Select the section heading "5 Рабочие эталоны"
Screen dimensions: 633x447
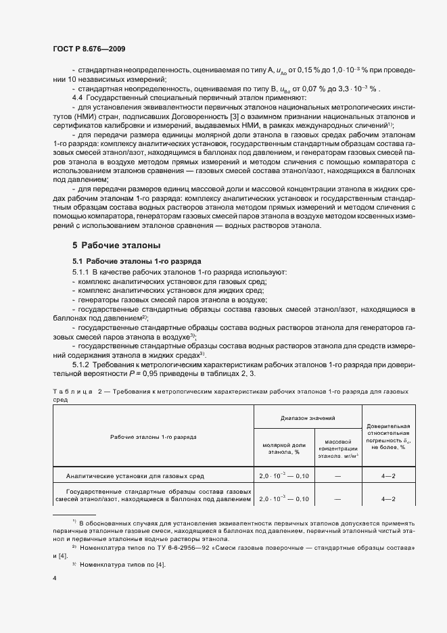click(x=116, y=245)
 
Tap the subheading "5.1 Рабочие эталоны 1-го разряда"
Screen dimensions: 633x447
click(x=128, y=261)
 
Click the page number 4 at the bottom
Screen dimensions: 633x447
click(x=54, y=578)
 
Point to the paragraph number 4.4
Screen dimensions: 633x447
click(x=78, y=99)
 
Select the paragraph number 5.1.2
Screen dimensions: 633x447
click(x=81, y=365)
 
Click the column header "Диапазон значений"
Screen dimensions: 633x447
click(x=308, y=418)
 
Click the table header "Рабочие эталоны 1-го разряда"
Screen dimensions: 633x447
click(x=154, y=437)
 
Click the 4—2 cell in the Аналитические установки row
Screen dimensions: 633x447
click(x=388, y=476)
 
